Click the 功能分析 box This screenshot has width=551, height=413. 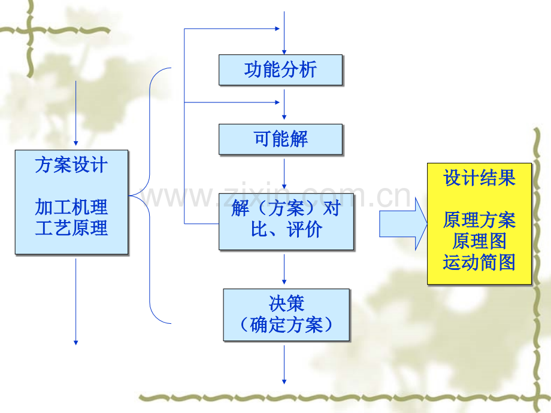(x=280, y=70)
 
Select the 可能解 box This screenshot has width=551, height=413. (x=280, y=139)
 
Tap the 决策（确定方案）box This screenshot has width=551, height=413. (x=286, y=315)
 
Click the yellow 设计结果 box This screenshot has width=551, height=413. (x=479, y=223)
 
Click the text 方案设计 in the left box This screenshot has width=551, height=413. (x=72, y=165)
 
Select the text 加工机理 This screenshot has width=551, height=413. (x=72, y=207)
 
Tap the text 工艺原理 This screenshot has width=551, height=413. (x=72, y=228)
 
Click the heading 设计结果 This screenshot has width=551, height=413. (x=479, y=178)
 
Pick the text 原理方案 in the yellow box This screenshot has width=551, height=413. (x=479, y=220)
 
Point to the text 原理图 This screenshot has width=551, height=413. (x=479, y=241)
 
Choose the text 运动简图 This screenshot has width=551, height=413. (x=479, y=262)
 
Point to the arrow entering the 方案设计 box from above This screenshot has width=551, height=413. (x=76, y=114)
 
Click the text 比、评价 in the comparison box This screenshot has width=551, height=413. (x=286, y=230)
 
